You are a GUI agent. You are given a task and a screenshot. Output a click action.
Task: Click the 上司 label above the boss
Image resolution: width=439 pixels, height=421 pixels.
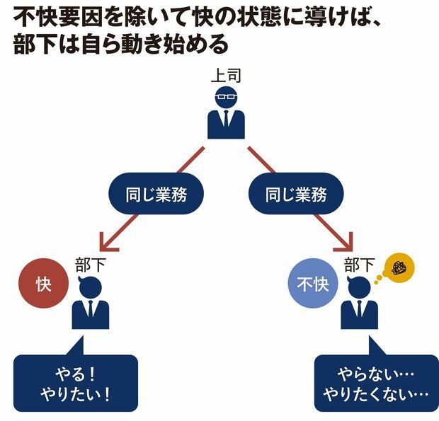click(x=226, y=75)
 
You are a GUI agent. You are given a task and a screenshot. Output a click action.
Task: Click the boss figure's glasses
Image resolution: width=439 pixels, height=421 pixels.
click(x=226, y=98)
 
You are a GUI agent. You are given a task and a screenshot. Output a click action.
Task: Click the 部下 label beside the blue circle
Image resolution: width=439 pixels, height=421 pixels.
click(x=359, y=265)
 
